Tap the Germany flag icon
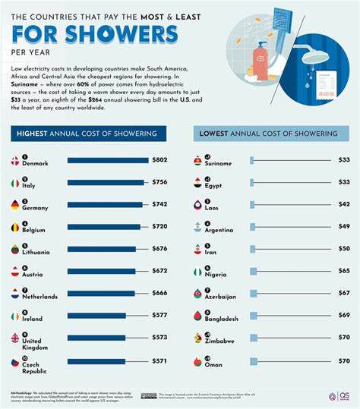click(x=15, y=204)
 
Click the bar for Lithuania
click(x=101, y=249)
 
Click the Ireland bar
click(x=96, y=315)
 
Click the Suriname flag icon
click(x=197, y=160)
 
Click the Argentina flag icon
click(x=197, y=226)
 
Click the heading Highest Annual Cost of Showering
click(x=87, y=134)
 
